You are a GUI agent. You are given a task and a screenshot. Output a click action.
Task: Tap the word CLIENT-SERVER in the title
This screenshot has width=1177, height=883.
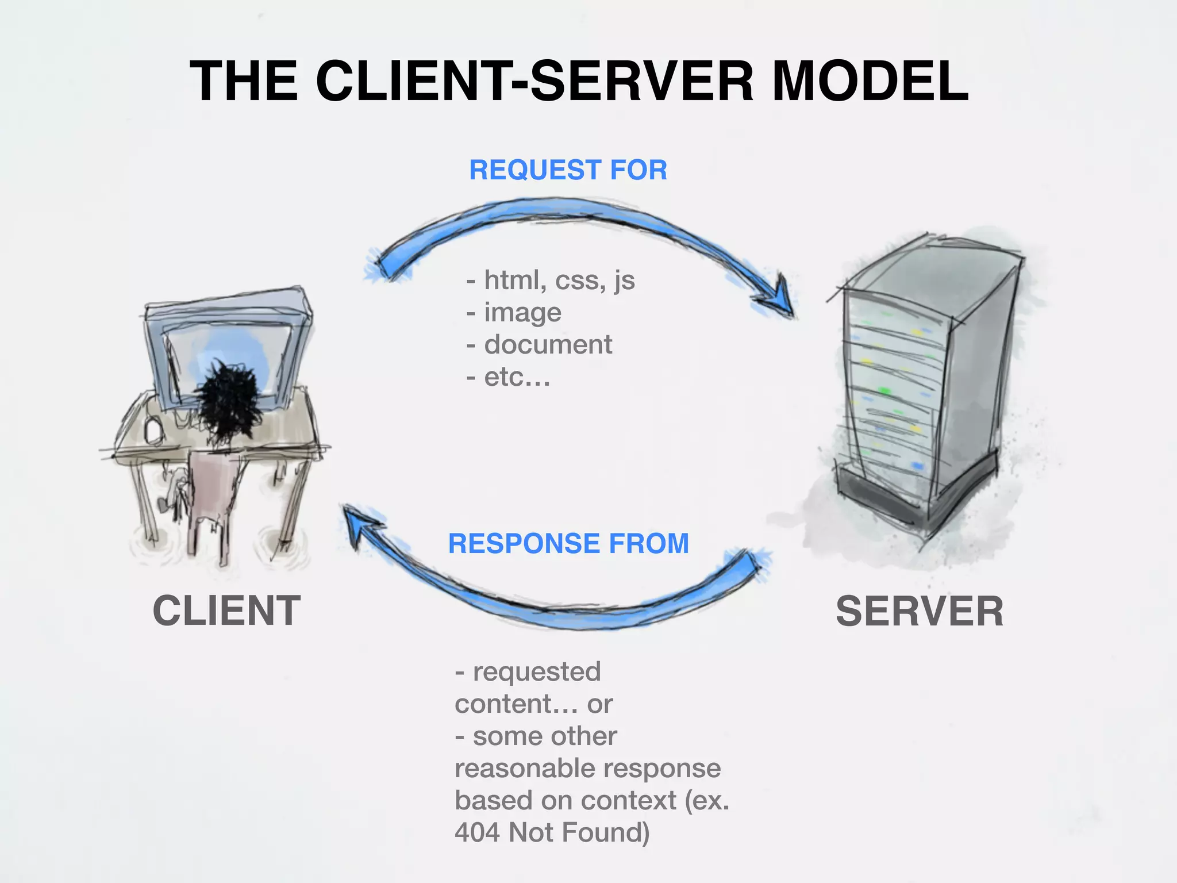click(534, 82)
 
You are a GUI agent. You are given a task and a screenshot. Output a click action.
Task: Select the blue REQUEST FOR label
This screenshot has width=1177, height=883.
click(568, 170)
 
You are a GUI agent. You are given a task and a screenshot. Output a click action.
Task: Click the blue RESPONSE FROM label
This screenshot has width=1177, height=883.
click(568, 543)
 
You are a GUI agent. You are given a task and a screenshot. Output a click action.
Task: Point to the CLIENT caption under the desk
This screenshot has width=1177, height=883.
click(226, 611)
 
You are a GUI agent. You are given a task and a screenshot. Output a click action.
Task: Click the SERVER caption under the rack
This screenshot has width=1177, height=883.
click(919, 611)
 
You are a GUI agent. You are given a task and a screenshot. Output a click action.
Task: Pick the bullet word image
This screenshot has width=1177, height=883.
click(522, 313)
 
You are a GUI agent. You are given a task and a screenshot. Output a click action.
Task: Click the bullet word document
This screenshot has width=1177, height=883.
click(547, 344)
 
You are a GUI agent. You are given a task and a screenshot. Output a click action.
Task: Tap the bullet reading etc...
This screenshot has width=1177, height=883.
click(516, 377)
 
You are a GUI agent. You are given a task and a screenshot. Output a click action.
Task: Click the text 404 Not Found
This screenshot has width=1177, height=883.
click(552, 832)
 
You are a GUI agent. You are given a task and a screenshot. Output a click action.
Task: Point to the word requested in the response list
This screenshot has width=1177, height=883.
click(536, 671)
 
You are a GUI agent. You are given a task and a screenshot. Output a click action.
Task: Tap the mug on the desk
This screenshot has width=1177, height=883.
click(152, 430)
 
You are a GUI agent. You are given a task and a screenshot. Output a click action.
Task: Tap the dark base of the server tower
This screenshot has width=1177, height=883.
click(914, 500)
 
